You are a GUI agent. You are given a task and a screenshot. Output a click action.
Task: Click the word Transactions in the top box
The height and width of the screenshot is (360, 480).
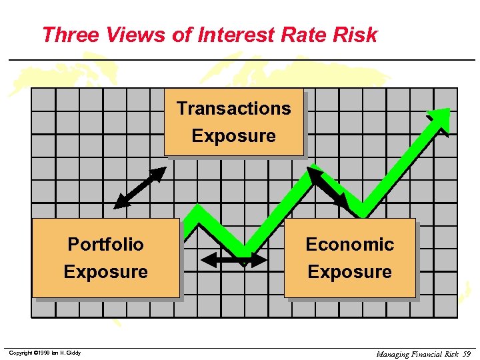(x=233, y=108)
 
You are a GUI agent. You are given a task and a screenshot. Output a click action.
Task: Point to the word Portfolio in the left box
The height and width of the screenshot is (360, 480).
(x=105, y=244)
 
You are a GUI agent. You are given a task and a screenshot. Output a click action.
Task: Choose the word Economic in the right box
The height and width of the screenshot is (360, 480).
(x=349, y=244)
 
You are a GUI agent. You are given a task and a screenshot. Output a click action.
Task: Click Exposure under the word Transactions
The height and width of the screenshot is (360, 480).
(x=233, y=136)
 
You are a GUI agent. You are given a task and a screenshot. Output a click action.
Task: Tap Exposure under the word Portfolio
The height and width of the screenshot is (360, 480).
(x=105, y=272)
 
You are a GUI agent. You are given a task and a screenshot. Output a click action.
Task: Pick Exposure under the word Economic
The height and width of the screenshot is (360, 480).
(x=349, y=272)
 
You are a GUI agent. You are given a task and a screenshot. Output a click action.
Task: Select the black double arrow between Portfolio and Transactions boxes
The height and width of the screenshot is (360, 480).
(x=139, y=187)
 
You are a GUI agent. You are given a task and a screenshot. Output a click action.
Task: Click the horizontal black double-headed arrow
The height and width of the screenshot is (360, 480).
(x=234, y=259)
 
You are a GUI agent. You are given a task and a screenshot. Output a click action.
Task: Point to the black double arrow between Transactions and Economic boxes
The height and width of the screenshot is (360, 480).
(x=328, y=187)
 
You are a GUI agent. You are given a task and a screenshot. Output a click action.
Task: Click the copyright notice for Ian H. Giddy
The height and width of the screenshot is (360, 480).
(x=45, y=353)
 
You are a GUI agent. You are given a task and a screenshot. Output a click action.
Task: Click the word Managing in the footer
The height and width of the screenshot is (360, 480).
(x=393, y=354)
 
